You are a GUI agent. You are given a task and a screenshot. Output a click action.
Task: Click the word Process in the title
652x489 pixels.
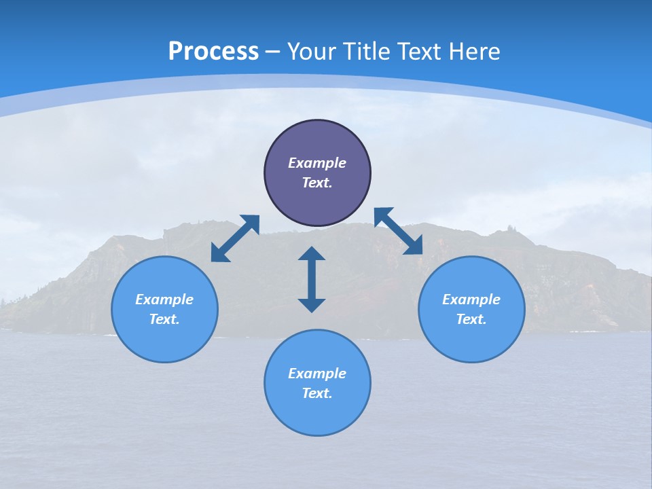click(213, 52)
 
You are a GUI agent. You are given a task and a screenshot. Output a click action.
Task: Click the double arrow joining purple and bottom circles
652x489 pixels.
click(312, 279)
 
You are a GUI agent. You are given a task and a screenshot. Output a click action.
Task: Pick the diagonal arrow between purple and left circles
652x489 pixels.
click(235, 238)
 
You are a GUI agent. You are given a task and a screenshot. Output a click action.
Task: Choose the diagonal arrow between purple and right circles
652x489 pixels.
click(399, 231)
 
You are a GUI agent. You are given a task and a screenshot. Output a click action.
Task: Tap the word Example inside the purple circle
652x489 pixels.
click(317, 163)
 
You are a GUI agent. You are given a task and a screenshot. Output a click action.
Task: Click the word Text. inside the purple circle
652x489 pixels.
click(317, 183)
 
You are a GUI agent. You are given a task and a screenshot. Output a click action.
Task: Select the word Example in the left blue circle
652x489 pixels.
click(164, 300)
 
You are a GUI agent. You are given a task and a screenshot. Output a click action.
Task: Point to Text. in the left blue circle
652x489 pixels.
click(164, 319)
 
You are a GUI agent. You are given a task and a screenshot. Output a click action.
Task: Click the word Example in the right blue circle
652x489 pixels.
click(471, 300)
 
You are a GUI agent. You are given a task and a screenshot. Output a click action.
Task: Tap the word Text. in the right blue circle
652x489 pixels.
click(471, 319)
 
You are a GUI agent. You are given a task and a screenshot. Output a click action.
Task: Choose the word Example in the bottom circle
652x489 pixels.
click(317, 374)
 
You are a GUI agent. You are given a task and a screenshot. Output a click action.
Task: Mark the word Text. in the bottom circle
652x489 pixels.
click(317, 393)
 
